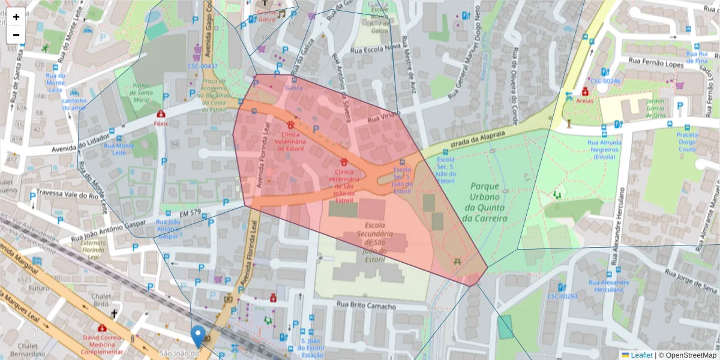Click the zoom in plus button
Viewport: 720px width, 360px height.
coord(16,17)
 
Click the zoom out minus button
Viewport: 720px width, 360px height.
coord(16,35)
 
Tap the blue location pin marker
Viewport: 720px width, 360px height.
coord(198,336)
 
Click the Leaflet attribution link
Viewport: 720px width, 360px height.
coord(641,355)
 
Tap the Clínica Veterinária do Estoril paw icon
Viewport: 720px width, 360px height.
coord(290,125)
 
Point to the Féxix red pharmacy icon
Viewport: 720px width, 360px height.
coord(160,114)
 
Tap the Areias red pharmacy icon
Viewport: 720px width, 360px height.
coord(584,92)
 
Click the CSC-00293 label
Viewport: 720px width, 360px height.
coord(562,296)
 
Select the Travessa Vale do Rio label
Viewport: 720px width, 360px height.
coord(67,194)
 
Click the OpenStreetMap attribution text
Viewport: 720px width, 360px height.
coord(689,355)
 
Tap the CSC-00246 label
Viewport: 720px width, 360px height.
coord(605,80)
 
